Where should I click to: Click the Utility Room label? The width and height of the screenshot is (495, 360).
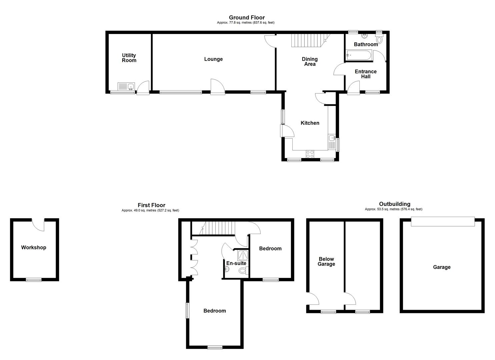click(129, 58)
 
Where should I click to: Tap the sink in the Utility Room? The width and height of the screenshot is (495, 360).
click(126, 87)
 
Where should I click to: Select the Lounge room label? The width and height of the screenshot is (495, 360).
click(213, 59)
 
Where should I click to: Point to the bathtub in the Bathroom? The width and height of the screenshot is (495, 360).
click(359, 55)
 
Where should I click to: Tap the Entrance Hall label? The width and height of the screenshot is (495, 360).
click(366, 74)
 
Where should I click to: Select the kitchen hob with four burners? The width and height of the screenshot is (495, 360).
click(310, 154)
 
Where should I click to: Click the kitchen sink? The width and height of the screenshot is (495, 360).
click(332, 138)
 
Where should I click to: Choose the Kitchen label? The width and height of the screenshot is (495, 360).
click(310, 123)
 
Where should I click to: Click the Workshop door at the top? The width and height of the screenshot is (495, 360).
click(38, 224)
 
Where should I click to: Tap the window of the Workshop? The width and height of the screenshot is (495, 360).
click(34, 280)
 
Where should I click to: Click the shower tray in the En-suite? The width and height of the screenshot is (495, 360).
click(242, 255)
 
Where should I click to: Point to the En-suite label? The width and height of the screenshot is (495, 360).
click(236, 263)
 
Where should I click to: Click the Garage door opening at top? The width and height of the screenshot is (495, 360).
click(443, 221)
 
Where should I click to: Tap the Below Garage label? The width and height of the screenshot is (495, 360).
click(326, 262)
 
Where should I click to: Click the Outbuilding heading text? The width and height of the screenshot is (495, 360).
click(395, 204)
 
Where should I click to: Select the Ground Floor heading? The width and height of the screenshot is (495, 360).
click(247, 17)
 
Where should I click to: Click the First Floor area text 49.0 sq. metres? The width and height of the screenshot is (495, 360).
click(150, 211)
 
